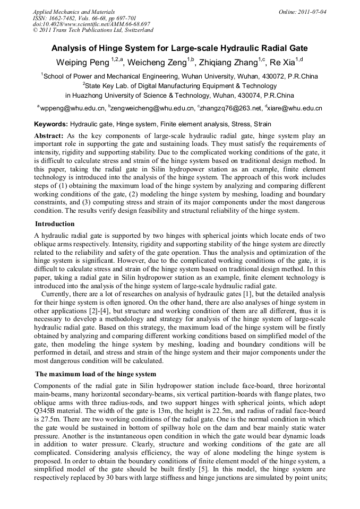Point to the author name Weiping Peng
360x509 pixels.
pyautogui.click(x=82, y=63)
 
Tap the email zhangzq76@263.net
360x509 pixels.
pyautogui.click(x=231, y=108)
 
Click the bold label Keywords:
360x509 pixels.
pyautogui.click(x=50, y=124)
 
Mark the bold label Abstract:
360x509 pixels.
pyautogui.click(x=49, y=136)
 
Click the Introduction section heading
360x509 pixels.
pyautogui.click(x=55, y=224)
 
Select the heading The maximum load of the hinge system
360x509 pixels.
pyautogui.click(x=96, y=374)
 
